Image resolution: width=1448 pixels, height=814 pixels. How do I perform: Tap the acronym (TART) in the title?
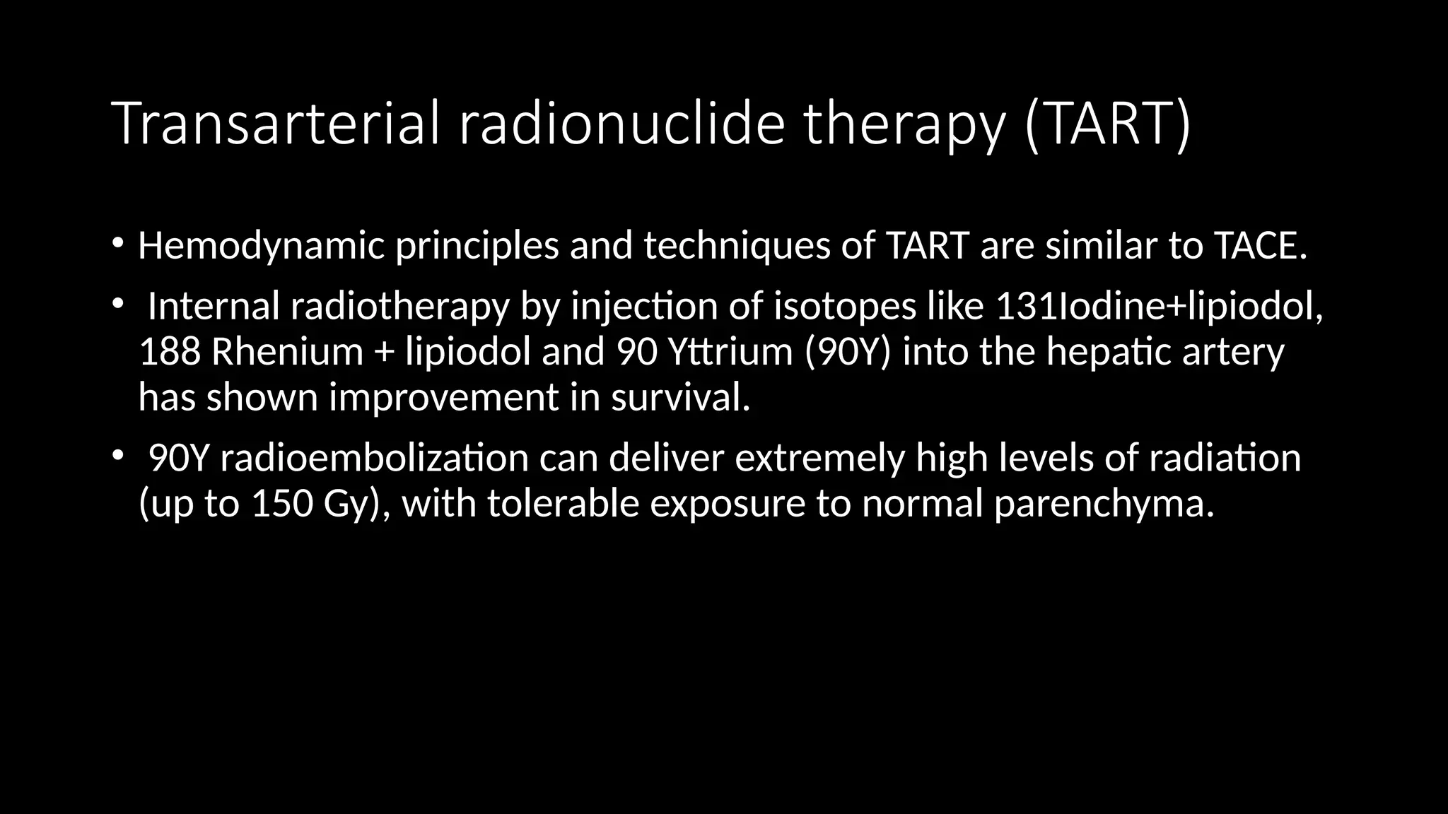(x=1108, y=124)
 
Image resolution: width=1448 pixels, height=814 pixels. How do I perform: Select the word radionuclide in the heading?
(x=621, y=124)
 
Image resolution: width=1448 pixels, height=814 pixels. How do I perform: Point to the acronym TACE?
(x=1260, y=247)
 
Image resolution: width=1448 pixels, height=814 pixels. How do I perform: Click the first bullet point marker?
(x=117, y=244)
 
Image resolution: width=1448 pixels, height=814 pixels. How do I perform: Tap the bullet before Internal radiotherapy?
(x=117, y=305)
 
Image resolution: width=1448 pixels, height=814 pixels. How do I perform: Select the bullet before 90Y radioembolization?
(x=117, y=456)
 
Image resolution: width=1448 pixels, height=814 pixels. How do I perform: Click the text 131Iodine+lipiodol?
(x=1158, y=307)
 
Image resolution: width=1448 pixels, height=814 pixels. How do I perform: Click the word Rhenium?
(x=287, y=353)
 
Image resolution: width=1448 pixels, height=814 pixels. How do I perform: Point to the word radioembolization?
(x=374, y=459)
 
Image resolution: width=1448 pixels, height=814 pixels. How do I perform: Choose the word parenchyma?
(x=1103, y=505)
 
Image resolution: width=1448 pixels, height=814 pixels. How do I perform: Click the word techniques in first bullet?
(x=737, y=247)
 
